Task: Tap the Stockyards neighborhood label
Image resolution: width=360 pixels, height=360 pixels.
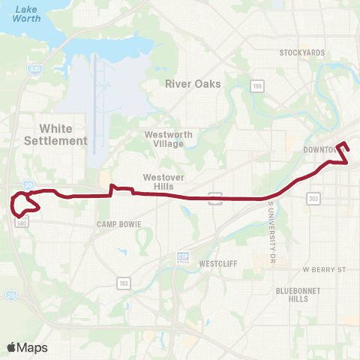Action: (301, 53)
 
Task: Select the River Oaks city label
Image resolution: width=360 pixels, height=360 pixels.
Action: (193, 84)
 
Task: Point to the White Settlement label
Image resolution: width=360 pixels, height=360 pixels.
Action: (55, 134)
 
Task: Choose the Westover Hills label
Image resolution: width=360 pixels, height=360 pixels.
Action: (159, 182)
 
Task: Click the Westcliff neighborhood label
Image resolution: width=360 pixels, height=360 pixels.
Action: (218, 264)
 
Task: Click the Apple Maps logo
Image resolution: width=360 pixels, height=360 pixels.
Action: (27, 347)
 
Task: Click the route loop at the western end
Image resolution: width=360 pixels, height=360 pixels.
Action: (24, 202)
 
